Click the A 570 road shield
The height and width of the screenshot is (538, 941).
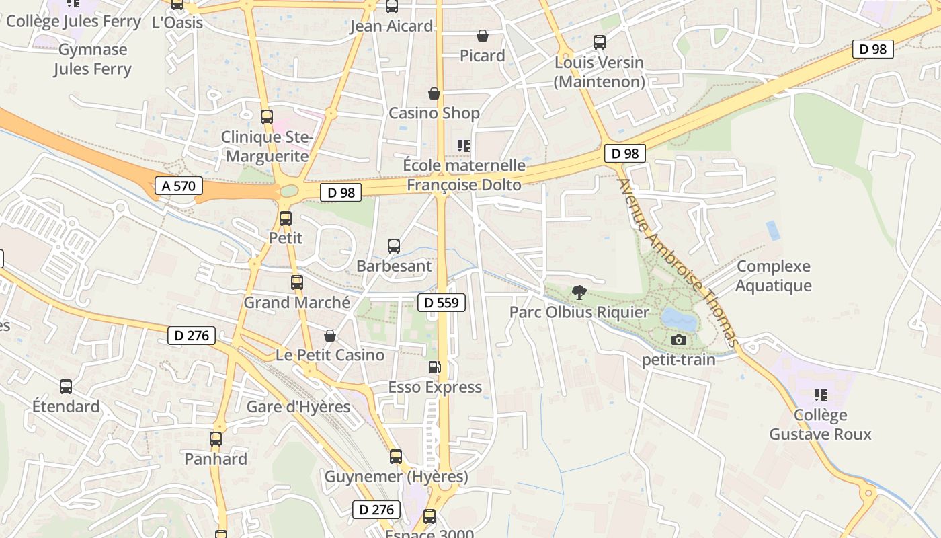pyautogui.click(x=179, y=186)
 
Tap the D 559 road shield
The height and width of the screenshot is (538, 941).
pyautogui.click(x=442, y=303)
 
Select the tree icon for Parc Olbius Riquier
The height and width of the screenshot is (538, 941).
pyautogui.click(x=579, y=292)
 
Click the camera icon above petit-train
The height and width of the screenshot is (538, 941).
pyautogui.click(x=679, y=340)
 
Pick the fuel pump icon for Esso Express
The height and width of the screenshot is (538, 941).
pyautogui.click(x=435, y=367)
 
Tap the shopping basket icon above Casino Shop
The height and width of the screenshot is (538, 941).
pyautogui.click(x=434, y=93)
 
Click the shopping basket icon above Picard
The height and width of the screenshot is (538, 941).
pyautogui.click(x=482, y=36)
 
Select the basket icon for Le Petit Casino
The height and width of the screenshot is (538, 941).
pyautogui.click(x=330, y=335)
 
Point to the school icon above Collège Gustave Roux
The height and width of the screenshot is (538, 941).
pyautogui.click(x=820, y=395)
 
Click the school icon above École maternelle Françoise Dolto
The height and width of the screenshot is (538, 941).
pyautogui.click(x=463, y=145)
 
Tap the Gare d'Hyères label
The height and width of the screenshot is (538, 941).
pyautogui.click(x=298, y=407)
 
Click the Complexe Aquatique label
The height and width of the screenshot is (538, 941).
pyautogui.click(x=774, y=276)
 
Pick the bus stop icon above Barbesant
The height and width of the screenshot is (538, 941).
pyautogui.click(x=394, y=246)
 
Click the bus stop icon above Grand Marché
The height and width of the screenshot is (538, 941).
pyautogui.click(x=297, y=282)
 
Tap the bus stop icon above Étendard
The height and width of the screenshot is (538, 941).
pyautogui.click(x=66, y=387)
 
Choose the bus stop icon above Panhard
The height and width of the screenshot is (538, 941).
pyautogui.click(x=216, y=439)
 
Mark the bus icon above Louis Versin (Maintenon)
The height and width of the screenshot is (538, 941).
pyautogui.click(x=600, y=42)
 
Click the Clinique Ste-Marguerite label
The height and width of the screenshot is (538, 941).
pyautogui.click(x=267, y=147)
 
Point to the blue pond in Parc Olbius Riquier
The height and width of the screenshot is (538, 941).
pyautogui.click(x=679, y=319)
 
